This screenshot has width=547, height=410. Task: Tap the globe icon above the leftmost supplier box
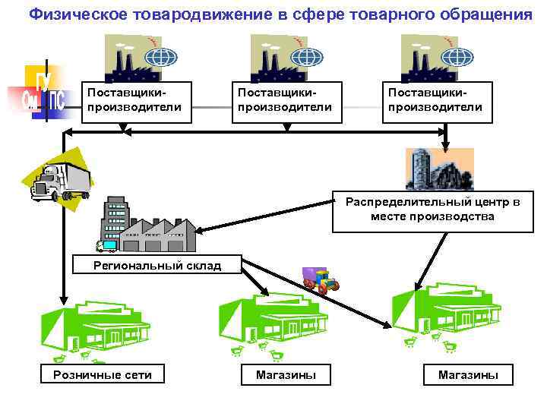pyautogui.click(x=160, y=58)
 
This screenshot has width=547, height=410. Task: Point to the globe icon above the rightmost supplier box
pyautogui.click(x=460, y=58)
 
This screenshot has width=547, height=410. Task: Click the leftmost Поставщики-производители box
pyautogui.click(x=134, y=100)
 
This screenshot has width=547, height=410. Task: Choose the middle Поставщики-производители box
pyautogui.click(x=284, y=100)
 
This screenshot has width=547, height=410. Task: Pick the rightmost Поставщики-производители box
pyautogui.click(x=435, y=100)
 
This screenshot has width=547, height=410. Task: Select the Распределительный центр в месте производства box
pyautogui.click(x=432, y=210)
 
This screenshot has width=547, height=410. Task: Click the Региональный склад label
pyautogui.click(x=157, y=265)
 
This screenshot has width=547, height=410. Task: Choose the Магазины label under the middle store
pyautogui.click(x=286, y=374)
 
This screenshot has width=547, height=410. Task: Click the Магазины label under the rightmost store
pyautogui.click(x=468, y=374)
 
